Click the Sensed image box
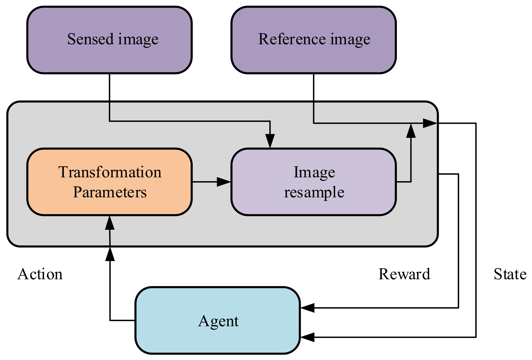click(x=109, y=40)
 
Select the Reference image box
click(x=314, y=40)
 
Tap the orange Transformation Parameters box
click(x=109, y=182)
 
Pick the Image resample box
click(x=314, y=182)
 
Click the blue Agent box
click(x=218, y=321)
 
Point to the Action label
click(x=40, y=274)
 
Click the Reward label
click(x=404, y=274)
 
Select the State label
click(x=510, y=274)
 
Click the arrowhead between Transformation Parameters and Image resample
click(x=224, y=181)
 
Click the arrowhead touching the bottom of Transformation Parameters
click(x=110, y=223)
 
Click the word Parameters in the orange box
click(x=110, y=192)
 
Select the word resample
click(x=314, y=192)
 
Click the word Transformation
click(x=110, y=172)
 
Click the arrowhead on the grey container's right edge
click(x=430, y=123)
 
